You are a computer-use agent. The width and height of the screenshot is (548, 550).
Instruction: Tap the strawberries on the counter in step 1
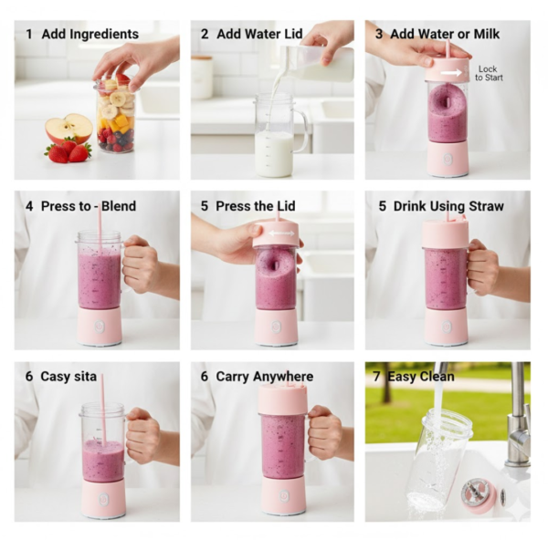(x=68, y=151)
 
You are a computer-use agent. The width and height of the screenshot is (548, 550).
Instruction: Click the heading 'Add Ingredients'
(x=90, y=34)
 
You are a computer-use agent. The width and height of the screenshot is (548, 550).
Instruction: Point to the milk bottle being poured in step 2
(x=324, y=65)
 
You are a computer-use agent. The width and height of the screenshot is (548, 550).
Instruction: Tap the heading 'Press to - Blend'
(x=88, y=206)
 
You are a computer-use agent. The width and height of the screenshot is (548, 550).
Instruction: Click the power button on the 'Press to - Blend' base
(x=100, y=326)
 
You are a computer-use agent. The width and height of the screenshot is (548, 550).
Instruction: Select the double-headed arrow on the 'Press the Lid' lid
(x=276, y=234)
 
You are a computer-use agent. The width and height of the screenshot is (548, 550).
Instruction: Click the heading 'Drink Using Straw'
(x=448, y=206)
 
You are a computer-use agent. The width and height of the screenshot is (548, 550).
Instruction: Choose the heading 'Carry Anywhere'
(x=264, y=376)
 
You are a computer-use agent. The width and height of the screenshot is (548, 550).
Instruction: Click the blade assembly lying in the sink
(x=478, y=493)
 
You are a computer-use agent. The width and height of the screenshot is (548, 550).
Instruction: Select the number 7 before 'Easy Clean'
(x=376, y=376)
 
